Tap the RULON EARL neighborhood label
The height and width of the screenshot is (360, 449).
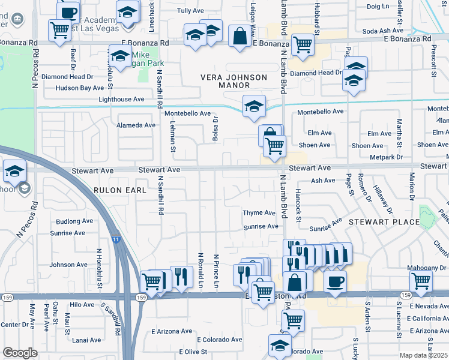[x=120, y=190]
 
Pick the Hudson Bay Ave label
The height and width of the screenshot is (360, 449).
[x=79, y=88]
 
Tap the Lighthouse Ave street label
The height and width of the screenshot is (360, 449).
[x=122, y=99]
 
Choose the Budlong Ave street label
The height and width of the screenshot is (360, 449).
[x=71, y=221]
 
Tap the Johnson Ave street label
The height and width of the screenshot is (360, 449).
[x=68, y=265]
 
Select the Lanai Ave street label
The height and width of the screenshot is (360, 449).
[x=86, y=340]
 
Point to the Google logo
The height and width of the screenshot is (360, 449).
[x=20, y=353]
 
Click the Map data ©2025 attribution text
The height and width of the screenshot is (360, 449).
[x=423, y=355]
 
